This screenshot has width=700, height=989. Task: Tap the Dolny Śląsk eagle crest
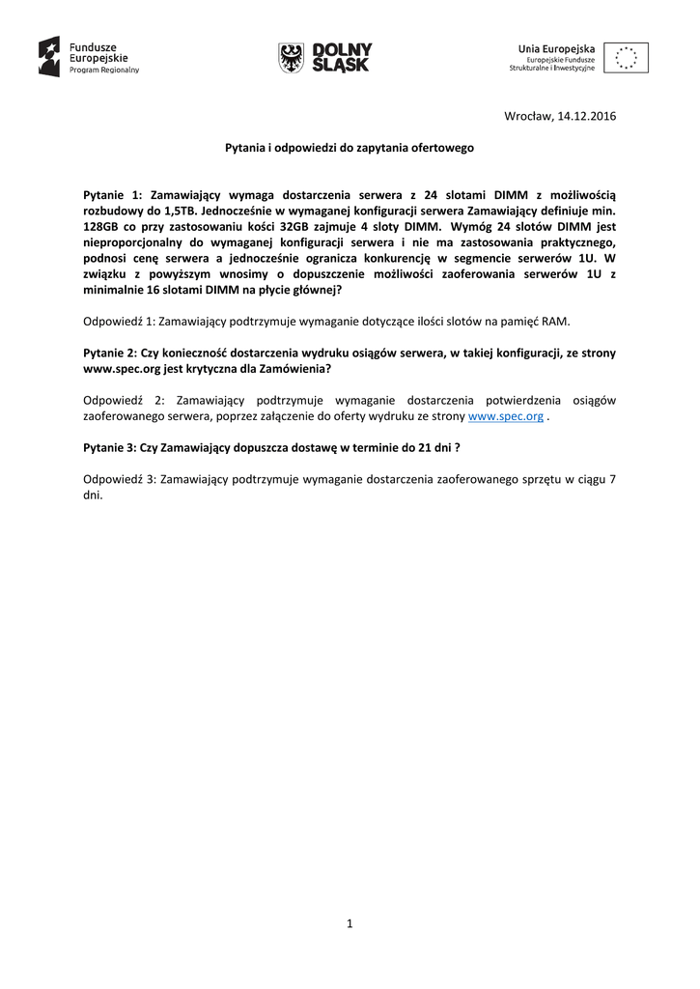tap(289, 57)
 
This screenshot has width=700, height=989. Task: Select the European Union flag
tap(627, 57)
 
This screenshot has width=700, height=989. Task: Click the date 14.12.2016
tap(587, 118)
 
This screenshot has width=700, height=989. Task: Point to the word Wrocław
tap(528, 118)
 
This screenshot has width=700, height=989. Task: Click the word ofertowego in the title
tap(442, 149)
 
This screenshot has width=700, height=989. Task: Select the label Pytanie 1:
tap(114, 194)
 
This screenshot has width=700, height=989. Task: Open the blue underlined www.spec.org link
tap(505, 415)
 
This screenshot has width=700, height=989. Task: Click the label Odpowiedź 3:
tap(119, 479)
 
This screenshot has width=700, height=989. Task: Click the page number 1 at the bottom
tap(350, 924)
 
